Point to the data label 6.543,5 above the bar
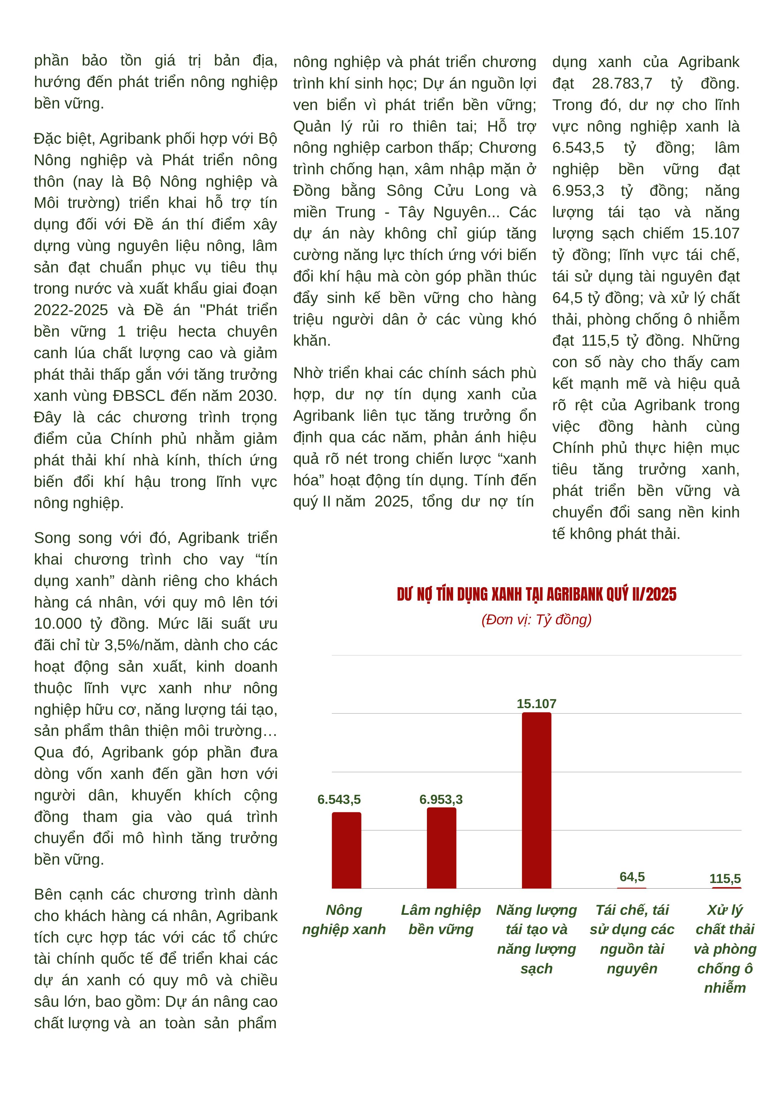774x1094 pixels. pyautogui.click(x=339, y=799)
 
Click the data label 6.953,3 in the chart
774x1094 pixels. pyautogui.click(x=441, y=799)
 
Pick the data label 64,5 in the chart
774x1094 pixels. pyautogui.click(x=632, y=877)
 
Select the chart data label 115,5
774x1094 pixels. pyautogui.click(x=725, y=879)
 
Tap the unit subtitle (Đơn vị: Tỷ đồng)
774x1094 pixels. pyautogui.click(x=537, y=619)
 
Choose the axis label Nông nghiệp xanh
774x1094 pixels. pyautogui.click(x=344, y=919)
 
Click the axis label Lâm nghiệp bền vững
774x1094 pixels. pyautogui.click(x=441, y=919)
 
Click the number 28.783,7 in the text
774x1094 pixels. pyautogui.click(x=622, y=84)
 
